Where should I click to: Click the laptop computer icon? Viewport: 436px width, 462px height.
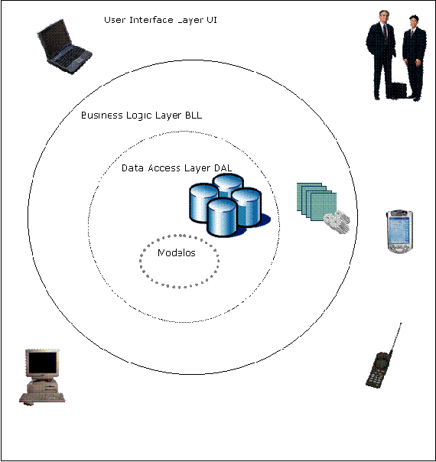(64, 48)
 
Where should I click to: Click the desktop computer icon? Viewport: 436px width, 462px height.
(43, 376)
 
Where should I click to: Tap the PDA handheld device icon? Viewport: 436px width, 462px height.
(398, 232)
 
